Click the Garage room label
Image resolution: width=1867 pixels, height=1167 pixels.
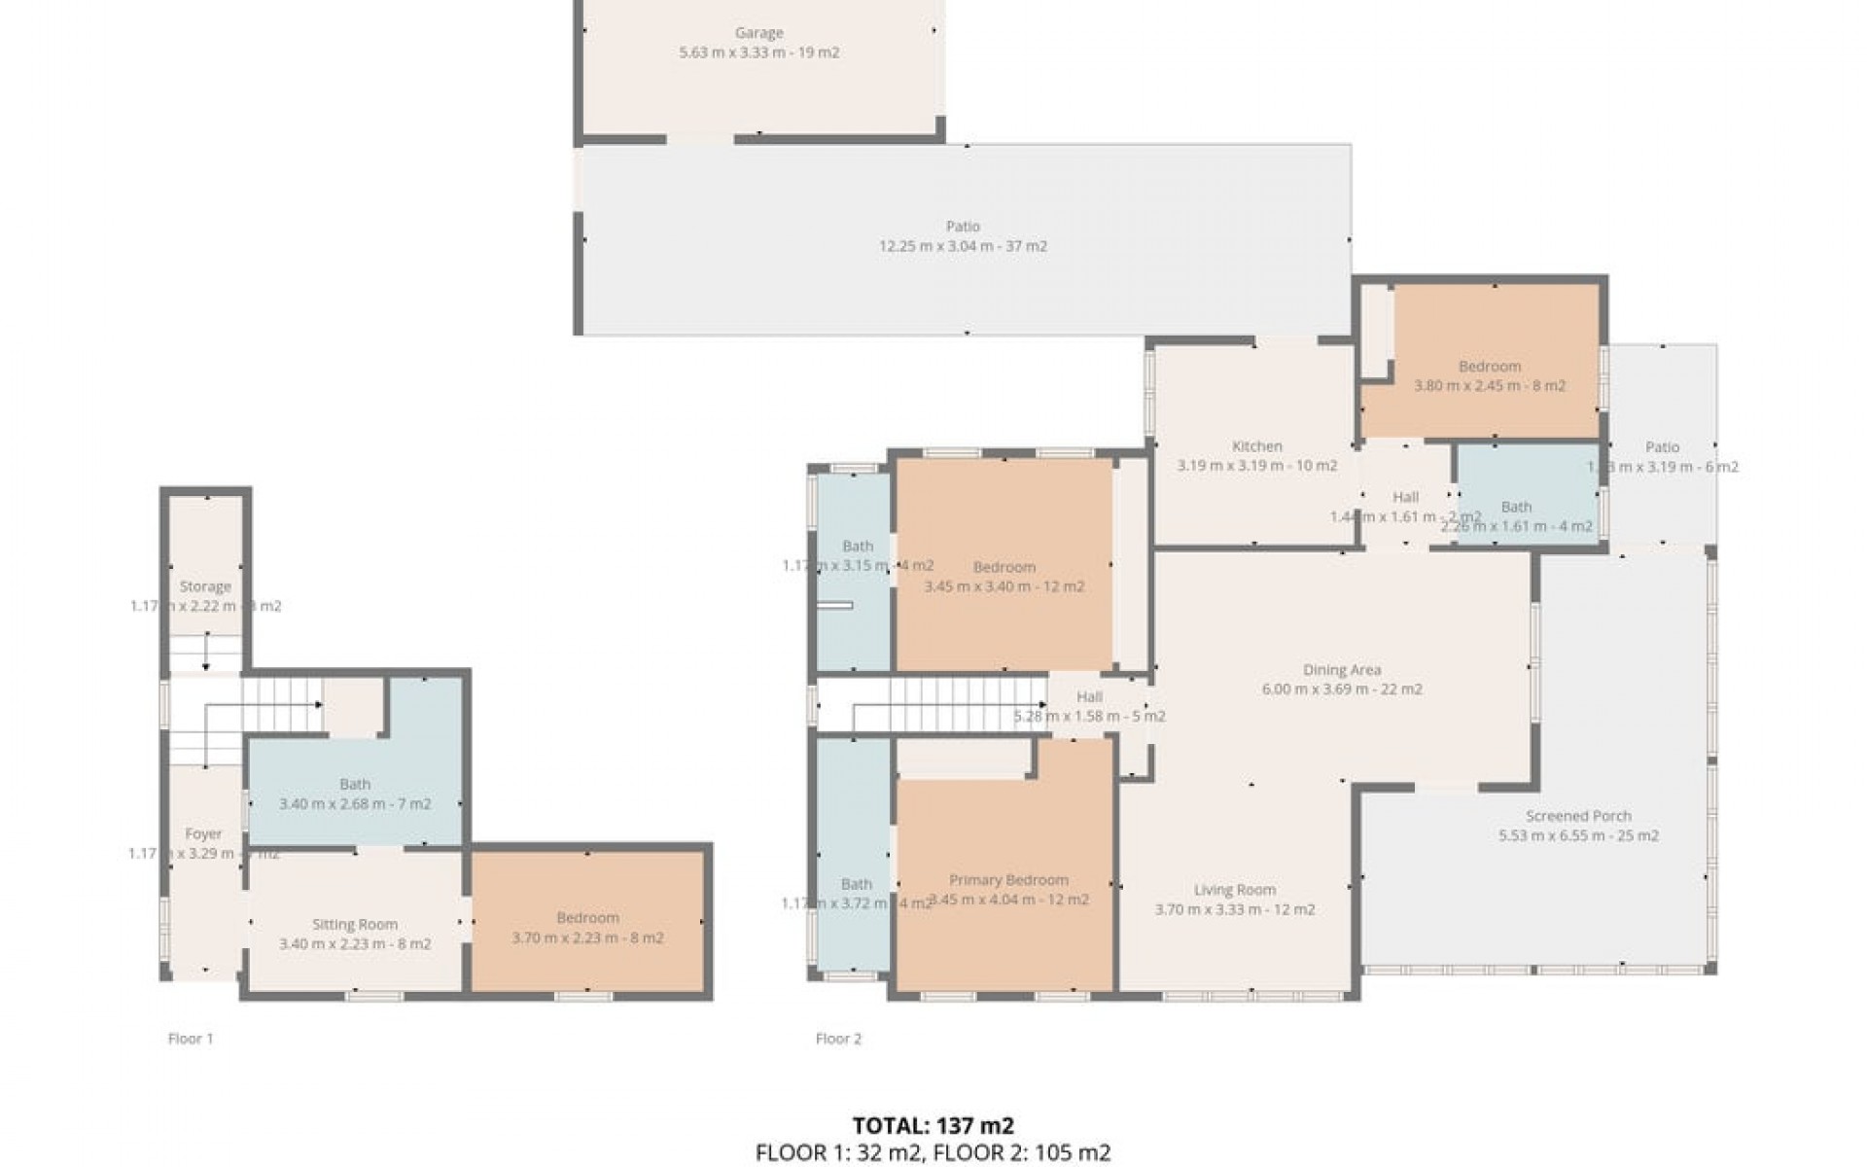point(758,33)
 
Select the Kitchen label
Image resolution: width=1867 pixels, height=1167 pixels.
point(1256,446)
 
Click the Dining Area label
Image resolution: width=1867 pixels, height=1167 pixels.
point(1341,670)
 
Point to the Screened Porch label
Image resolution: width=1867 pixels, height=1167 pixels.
point(1577,816)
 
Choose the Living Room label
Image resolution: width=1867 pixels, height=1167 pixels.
point(1234,890)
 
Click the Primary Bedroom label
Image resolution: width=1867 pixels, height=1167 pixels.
point(1008,880)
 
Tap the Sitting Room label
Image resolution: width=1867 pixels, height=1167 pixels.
point(354,925)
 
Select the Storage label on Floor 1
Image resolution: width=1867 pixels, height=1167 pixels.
point(205,586)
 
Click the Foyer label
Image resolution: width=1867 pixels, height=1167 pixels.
point(203,833)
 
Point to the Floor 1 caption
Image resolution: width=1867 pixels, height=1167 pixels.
point(190,1039)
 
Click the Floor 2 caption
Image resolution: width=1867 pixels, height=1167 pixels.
point(838,1039)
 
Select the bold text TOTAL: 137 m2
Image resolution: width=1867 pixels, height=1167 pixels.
point(933,1126)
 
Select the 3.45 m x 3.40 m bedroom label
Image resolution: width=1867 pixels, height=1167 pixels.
point(1004,567)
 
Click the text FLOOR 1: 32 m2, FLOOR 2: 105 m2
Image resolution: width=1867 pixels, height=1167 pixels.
point(933,1153)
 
